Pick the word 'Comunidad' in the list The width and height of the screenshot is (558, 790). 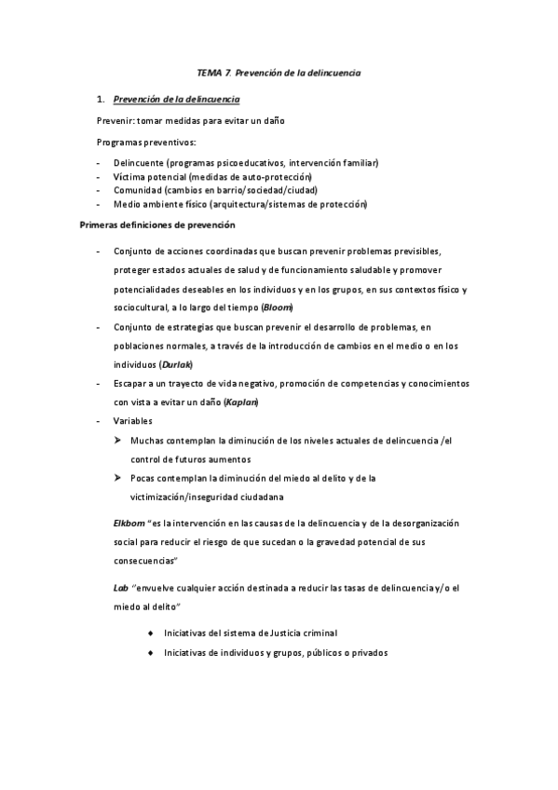coord(135,189)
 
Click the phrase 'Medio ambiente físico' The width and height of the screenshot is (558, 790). coord(158,203)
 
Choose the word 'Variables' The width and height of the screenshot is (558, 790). coord(133,421)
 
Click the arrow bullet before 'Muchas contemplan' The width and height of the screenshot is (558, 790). coord(118,440)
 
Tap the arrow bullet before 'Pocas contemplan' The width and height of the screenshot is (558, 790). coord(118,478)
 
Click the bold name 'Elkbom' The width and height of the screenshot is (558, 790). coord(127,524)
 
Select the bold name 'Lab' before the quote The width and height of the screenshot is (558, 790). coord(120,588)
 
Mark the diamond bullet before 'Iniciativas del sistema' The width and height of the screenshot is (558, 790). coord(151,633)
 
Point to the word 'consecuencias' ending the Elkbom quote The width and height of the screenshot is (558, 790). coord(143,562)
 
